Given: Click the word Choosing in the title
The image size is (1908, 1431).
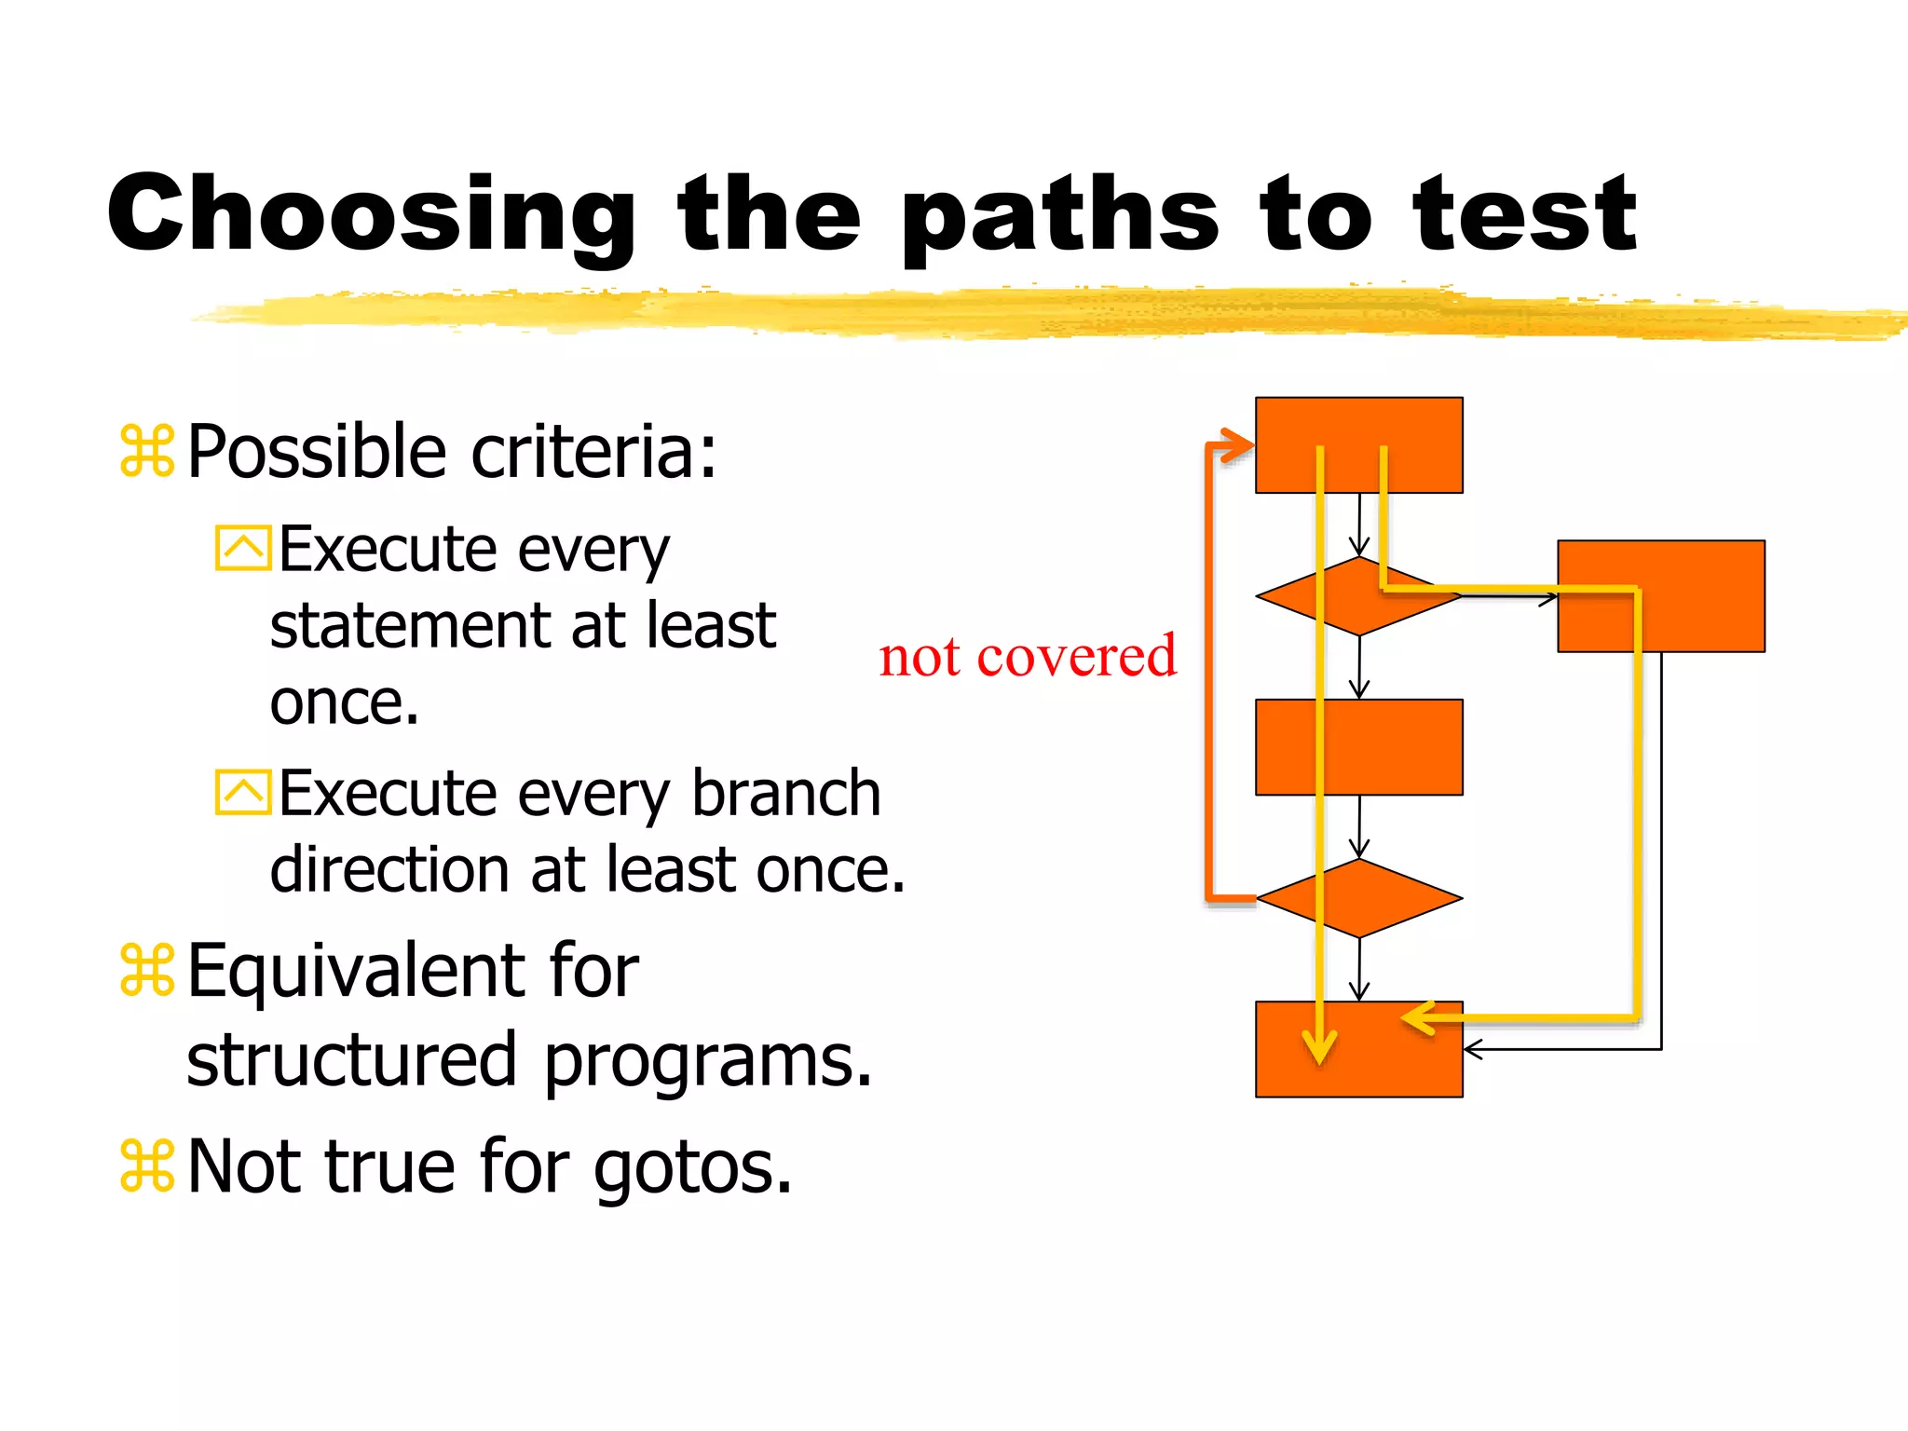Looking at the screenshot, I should click(371, 216).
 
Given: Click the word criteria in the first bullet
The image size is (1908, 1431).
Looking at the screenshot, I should click(593, 452).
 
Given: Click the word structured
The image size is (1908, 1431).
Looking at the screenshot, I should click(351, 1060).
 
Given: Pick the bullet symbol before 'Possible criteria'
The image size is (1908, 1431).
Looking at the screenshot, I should click(147, 452).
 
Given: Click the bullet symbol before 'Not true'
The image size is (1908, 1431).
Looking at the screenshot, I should click(147, 1166).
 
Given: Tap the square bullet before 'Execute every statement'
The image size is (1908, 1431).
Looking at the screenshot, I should click(243, 548).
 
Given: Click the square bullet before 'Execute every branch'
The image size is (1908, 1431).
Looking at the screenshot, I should click(243, 793).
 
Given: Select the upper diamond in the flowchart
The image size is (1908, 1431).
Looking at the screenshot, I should click(1358, 597).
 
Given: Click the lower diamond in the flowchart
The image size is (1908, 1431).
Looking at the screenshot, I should click(1358, 898).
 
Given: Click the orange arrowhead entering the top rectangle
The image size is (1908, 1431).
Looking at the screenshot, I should click(1239, 445).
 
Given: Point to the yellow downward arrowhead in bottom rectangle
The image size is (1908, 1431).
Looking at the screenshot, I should click(1319, 1047).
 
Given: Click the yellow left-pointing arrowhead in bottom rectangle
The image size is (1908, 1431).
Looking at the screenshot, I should click(1419, 1018).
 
